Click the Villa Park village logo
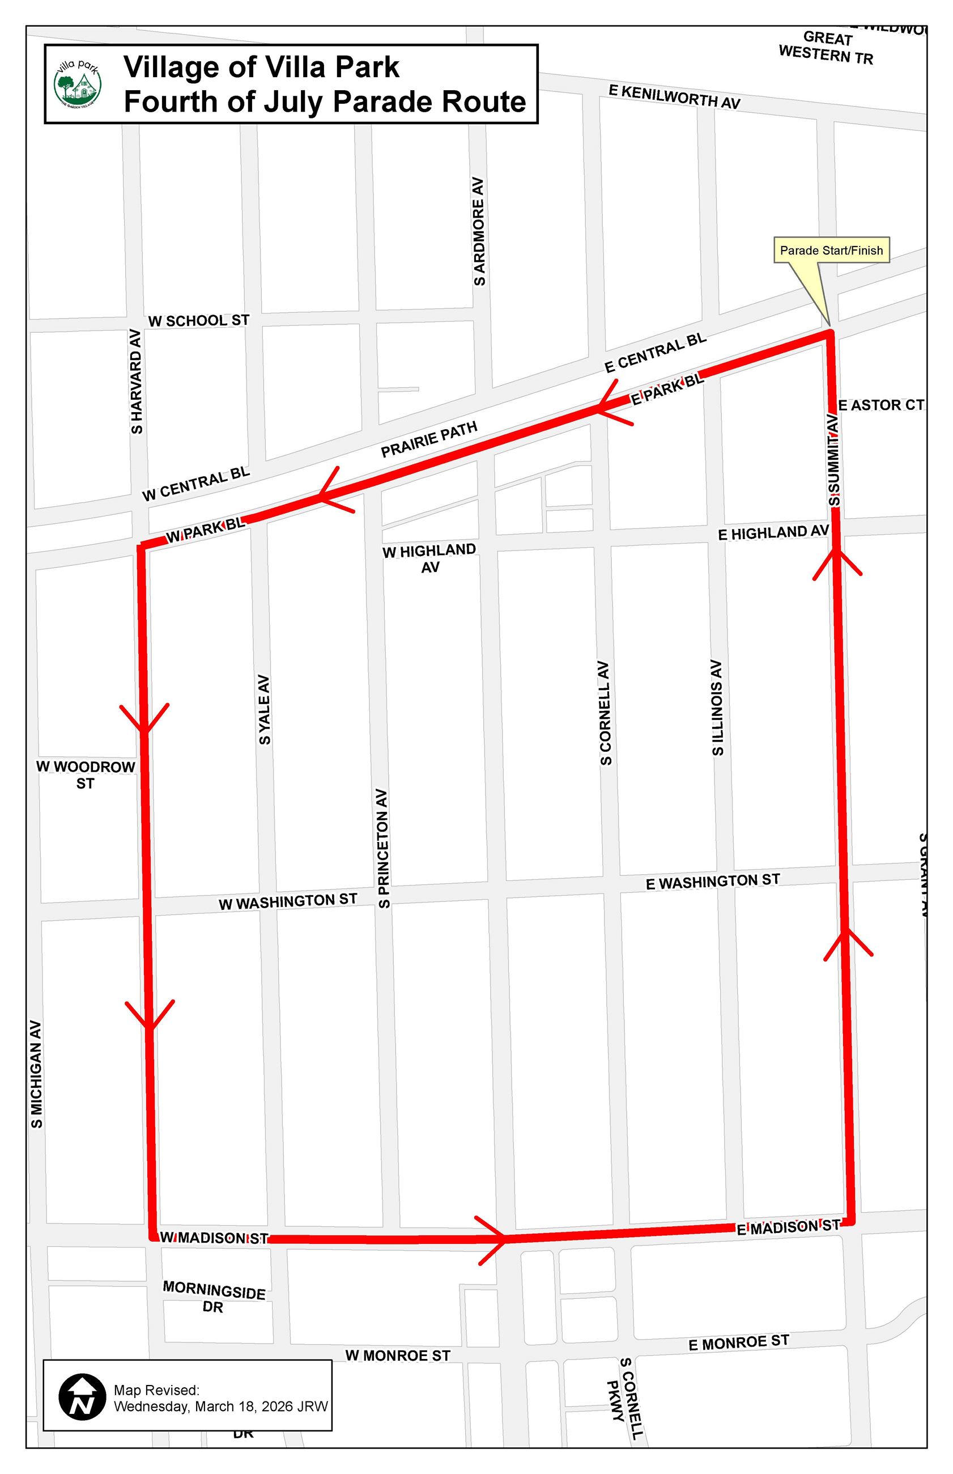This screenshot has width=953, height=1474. coord(78,84)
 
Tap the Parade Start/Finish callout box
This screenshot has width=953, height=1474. coord(831,250)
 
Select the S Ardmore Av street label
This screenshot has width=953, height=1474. coord(479,232)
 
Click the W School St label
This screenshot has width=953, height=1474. coord(199,321)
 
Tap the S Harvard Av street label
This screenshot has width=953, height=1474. coord(136,382)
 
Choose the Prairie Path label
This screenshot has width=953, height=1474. coord(429,439)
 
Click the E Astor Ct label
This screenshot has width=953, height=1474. coord(880,405)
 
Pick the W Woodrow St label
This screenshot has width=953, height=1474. coord(86,774)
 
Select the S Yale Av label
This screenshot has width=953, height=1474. coord(264,710)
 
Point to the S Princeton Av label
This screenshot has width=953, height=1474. coord(384,849)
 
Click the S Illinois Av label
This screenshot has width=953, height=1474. coord(717,708)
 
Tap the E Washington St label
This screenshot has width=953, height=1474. coord(712,882)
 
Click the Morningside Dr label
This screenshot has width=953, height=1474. coord(214,1297)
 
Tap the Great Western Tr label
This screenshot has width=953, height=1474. coord(826,47)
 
